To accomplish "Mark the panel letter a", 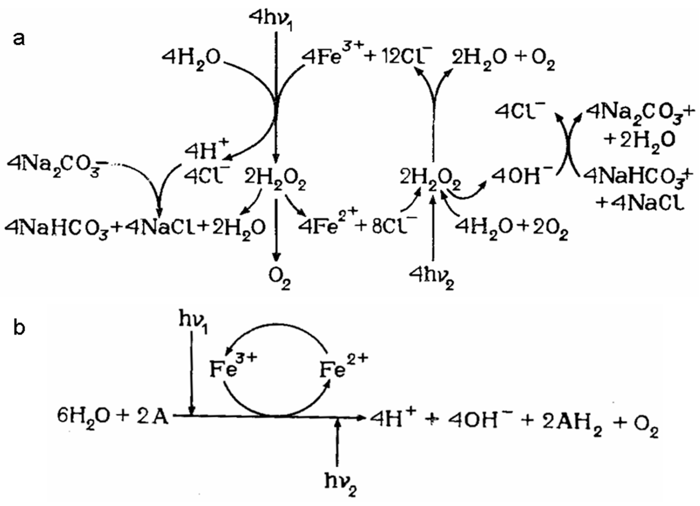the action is [19, 40].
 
